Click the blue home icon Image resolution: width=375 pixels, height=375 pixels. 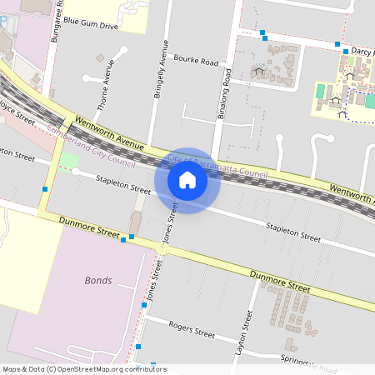[x=187, y=179]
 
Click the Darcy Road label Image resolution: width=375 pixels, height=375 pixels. [x=362, y=51]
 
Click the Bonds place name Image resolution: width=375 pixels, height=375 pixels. [x=97, y=280]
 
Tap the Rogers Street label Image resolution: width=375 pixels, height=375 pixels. [x=192, y=330]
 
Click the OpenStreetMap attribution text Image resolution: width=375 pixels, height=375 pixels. [x=83, y=369]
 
